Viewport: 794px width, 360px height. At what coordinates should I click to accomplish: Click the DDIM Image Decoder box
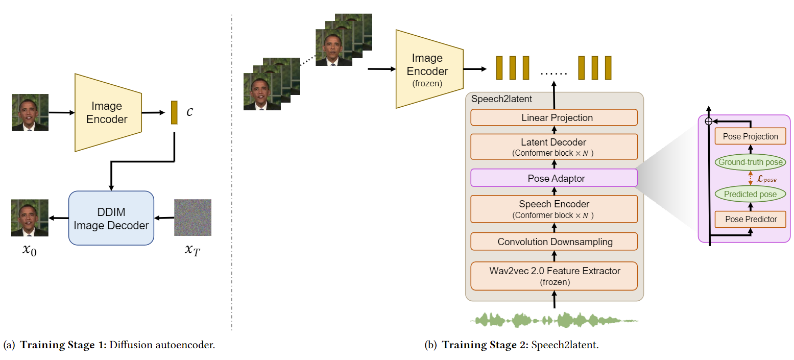coord(111,218)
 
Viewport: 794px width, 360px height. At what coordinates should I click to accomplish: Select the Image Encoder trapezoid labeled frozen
coord(428,69)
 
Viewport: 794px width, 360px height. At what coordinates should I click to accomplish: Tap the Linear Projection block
coord(554,117)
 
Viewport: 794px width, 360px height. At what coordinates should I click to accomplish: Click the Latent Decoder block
coord(554,147)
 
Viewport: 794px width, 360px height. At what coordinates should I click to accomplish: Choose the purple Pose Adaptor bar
coord(554,178)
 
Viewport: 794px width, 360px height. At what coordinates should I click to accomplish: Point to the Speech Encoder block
coord(554,209)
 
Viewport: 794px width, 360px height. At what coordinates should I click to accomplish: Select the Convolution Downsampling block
coord(554,242)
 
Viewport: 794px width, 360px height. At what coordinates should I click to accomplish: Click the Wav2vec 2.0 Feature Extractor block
coord(554,275)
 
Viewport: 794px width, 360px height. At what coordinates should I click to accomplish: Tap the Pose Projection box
coord(750,136)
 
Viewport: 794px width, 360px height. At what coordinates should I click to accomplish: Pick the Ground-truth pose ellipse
coord(750,162)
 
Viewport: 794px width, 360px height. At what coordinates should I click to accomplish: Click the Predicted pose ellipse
coord(750,194)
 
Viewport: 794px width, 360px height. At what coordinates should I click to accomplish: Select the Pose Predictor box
coord(750,219)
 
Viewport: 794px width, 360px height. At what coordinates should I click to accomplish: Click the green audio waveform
coord(554,320)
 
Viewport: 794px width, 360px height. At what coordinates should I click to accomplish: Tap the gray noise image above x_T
coord(193,218)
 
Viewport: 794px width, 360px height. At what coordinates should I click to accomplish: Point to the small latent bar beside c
coord(174,112)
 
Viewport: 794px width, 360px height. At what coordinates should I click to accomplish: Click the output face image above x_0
coord(30,218)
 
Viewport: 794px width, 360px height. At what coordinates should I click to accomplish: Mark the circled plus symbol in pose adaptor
coord(708,121)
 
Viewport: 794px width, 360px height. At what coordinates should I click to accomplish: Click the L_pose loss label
coord(766,179)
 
